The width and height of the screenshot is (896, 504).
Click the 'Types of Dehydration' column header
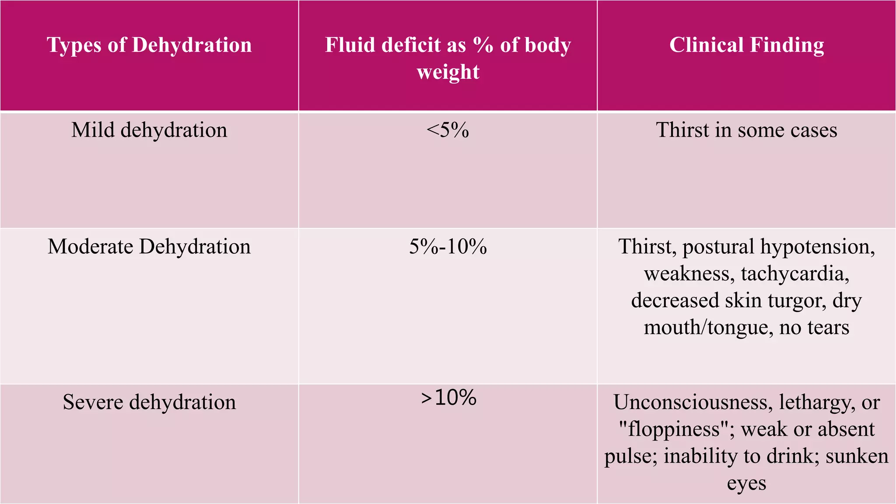tap(149, 45)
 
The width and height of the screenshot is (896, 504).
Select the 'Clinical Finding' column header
tap(746, 45)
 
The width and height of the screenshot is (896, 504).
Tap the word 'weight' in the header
tap(448, 72)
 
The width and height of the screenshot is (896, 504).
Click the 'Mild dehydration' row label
tap(149, 130)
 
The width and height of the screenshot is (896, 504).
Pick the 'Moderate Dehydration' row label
tap(149, 246)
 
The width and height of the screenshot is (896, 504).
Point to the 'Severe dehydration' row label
tap(149, 402)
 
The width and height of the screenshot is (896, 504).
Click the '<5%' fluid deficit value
tap(448, 130)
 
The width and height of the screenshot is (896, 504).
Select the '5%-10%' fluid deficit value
tap(448, 246)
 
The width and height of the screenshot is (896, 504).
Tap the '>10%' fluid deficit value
tap(448, 398)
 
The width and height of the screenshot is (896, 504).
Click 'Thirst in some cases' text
tap(746, 130)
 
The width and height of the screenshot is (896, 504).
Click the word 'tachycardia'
tap(794, 274)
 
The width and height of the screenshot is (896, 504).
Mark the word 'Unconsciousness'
tap(693, 402)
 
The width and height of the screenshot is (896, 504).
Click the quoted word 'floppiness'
tap(674, 430)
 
